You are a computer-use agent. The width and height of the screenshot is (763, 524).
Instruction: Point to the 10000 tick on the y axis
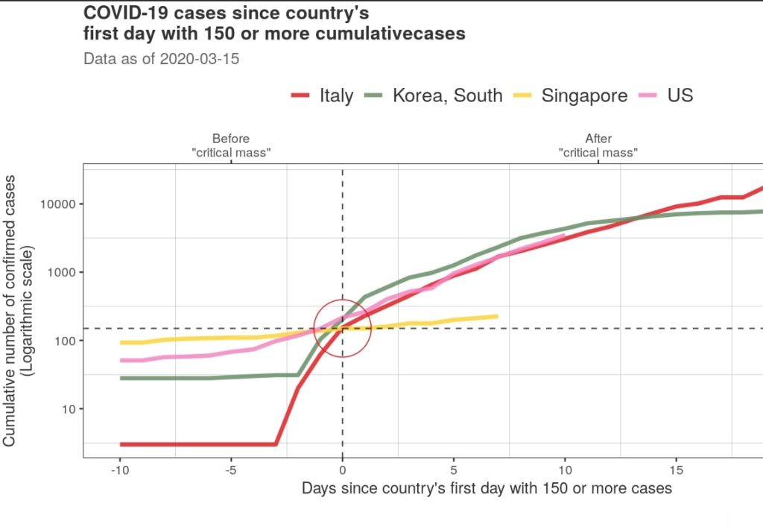click(57, 204)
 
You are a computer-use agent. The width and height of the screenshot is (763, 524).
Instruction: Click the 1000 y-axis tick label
click(60, 273)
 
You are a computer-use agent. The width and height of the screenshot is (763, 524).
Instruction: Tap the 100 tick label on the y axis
click(63, 341)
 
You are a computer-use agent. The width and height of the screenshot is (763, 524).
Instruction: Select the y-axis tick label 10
click(67, 409)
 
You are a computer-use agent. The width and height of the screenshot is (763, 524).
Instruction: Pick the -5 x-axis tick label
click(231, 470)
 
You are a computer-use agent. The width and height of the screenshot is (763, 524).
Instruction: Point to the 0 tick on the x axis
click(342, 470)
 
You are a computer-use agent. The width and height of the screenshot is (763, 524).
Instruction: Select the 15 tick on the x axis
click(676, 470)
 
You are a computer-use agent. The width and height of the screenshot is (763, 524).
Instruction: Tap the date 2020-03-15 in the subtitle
click(200, 59)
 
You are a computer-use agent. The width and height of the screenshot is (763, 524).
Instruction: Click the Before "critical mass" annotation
click(231, 145)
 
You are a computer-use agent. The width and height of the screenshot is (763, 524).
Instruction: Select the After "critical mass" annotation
click(598, 145)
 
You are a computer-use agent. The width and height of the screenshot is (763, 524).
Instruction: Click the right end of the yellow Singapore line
click(497, 316)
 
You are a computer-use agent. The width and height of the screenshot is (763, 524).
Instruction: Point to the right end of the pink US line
click(564, 236)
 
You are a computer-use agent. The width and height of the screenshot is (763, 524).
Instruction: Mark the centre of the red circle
click(342, 328)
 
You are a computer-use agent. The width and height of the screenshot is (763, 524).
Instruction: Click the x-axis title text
click(487, 489)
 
